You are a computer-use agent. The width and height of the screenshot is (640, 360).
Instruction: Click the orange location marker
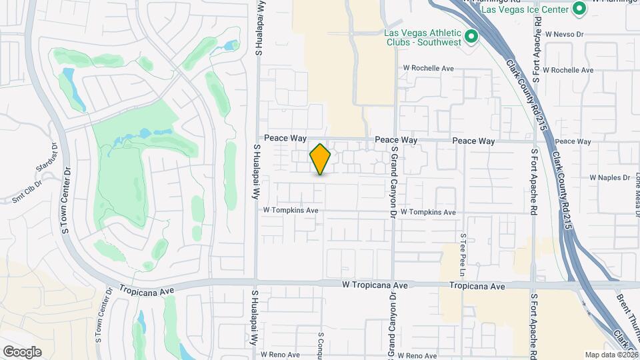click(321, 159)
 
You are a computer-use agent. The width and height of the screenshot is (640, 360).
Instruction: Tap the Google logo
click(22, 352)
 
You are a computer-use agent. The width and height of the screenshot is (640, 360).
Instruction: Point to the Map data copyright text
click(611, 355)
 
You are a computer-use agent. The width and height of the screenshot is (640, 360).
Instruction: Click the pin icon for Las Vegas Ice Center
click(579, 9)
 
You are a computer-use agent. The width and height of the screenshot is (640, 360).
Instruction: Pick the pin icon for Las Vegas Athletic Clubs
click(472, 37)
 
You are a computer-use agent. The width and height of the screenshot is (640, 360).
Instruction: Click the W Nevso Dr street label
click(564, 33)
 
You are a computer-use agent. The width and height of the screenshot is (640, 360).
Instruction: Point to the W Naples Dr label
click(610, 177)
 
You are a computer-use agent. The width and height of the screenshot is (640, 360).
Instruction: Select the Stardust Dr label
click(54, 152)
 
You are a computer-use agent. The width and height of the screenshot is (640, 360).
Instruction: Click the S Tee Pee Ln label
click(463, 255)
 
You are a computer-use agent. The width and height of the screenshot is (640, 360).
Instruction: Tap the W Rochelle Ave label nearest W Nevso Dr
click(568, 69)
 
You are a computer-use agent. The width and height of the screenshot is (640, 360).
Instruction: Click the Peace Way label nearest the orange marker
click(285, 138)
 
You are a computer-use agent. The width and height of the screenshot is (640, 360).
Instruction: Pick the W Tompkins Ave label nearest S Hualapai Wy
click(291, 209)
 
